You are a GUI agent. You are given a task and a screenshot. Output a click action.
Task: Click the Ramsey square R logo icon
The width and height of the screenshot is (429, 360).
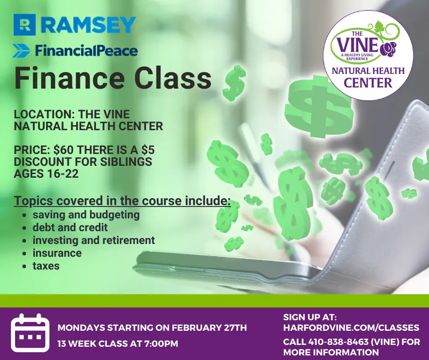point(25,25)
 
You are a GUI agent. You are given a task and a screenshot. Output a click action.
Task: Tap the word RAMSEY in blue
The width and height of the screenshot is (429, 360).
point(89,25)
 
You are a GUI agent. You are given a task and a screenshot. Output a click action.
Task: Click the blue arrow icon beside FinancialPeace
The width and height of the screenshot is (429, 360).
point(21,51)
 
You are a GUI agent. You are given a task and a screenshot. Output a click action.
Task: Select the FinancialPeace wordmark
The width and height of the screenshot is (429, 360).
point(86,51)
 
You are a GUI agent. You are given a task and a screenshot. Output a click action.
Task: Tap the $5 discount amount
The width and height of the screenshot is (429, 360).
point(148,150)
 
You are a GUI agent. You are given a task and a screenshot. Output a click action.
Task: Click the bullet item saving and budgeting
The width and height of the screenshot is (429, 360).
point(86,215)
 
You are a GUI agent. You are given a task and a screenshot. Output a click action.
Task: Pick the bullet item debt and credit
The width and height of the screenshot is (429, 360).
point(70,228)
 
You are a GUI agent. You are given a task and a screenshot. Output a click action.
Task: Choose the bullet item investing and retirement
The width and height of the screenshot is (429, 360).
point(94,240)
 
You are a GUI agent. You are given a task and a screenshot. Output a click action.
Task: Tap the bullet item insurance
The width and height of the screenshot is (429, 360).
point(57,253)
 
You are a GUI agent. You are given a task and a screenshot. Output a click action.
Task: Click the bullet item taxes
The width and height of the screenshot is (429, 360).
point(46,266)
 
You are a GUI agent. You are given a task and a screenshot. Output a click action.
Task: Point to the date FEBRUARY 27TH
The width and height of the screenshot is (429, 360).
point(209,328)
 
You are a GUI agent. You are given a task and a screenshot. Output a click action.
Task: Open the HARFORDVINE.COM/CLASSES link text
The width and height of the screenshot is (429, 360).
point(351,328)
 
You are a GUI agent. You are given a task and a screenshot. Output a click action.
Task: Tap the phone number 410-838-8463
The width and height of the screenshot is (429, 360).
point(342,342)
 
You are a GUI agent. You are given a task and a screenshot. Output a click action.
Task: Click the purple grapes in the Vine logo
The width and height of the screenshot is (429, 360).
point(390,48)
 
